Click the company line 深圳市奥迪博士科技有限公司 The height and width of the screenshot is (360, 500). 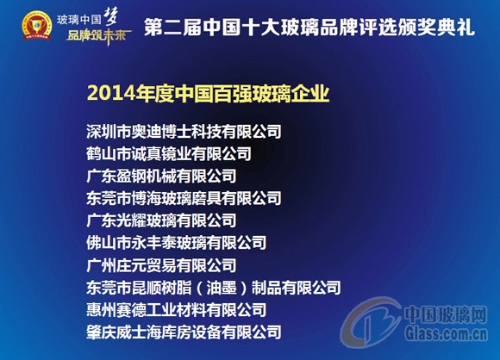point(184,132)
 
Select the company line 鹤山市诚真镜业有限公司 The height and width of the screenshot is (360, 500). point(169,154)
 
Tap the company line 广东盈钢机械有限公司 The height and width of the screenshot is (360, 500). point(161,176)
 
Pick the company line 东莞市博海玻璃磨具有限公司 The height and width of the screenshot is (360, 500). point(184,198)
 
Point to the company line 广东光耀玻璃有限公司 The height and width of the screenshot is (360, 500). point(161,220)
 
